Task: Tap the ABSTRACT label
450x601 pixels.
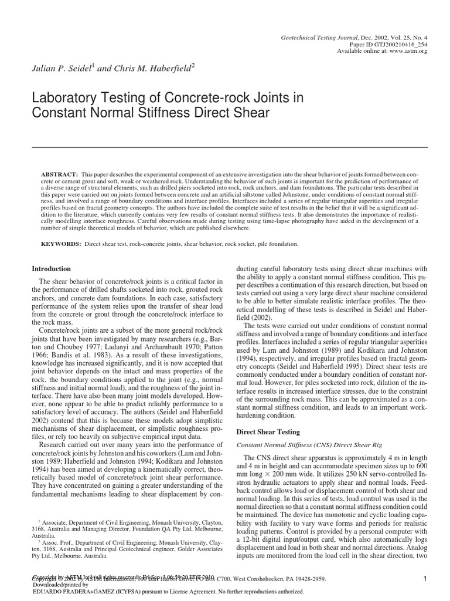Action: click(x=59, y=175)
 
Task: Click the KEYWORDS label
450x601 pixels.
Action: click(x=60, y=243)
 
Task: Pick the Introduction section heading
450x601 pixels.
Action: click(x=51, y=269)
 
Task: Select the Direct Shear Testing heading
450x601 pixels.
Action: click(x=269, y=432)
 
